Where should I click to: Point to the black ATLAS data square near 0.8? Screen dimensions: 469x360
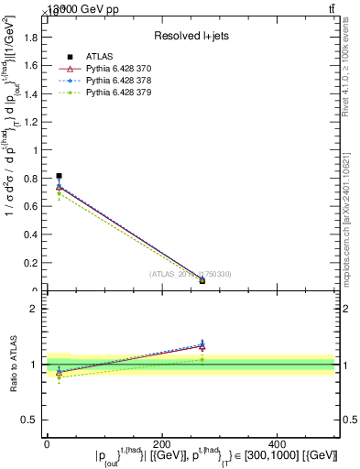pyautogui.click(x=59, y=175)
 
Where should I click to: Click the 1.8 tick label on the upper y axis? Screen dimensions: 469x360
pyautogui.click(x=33, y=37)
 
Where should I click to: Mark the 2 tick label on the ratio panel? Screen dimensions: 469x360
pyautogui.click(x=36, y=309)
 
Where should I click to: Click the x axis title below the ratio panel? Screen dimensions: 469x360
pyautogui.click(x=216, y=456)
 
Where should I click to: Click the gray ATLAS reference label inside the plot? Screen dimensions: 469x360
pyautogui.click(x=191, y=274)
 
